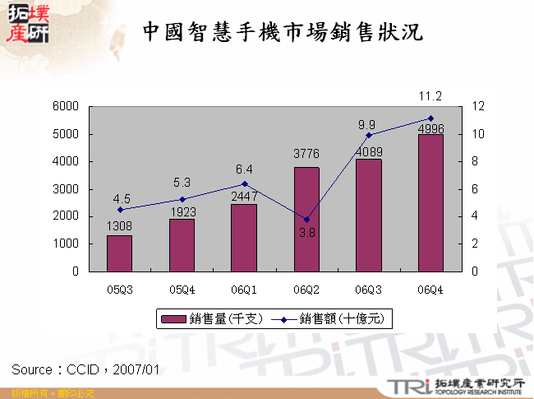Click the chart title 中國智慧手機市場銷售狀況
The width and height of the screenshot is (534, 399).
283,33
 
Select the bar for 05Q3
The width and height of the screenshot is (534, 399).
120,253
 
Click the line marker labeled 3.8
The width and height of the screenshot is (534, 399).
306,220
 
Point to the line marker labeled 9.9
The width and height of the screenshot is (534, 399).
369,135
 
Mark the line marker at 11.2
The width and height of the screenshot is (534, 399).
430,118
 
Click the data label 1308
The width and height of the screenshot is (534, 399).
120,226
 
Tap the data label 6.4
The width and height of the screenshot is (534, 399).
244,169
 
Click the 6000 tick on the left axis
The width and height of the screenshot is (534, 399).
66,106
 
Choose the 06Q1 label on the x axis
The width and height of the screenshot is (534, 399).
244,289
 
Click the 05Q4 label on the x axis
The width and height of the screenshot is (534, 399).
182,289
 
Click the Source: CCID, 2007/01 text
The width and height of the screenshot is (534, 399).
85,369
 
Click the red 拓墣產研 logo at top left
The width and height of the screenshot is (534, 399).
26,24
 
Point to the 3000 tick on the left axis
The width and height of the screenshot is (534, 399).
66,189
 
